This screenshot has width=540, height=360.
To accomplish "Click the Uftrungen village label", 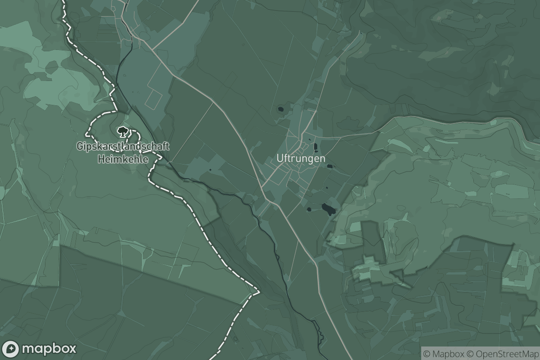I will pyautogui.click(x=301, y=159).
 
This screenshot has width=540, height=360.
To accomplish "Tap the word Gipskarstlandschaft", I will pyautogui.click(x=123, y=146).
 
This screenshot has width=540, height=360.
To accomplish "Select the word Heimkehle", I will pyautogui.click(x=123, y=158).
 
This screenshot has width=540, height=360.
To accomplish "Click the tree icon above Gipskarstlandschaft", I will pyautogui.click(x=122, y=131).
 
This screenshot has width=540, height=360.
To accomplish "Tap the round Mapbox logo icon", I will pyautogui.click(x=10, y=349).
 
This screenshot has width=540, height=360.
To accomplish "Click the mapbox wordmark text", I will pyautogui.click(x=49, y=349).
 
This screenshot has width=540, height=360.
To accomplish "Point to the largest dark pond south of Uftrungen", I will pyautogui.click(x=328, y=209).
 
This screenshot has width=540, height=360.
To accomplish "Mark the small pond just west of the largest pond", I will pyautogui.click(x=310, y=209).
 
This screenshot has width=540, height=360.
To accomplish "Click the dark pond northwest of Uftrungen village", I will pyautogui.click(x=281, y=109).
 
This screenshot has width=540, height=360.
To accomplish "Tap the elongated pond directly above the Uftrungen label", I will pyautogui.click(x=315, y=146).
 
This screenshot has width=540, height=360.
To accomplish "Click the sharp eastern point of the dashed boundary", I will pyautogui.click(x=260, y=292).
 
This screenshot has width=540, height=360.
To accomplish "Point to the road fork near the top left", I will pyautogui.click(x=152, y=49).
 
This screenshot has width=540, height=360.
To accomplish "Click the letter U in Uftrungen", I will pyautogui.click(x=280, y=159).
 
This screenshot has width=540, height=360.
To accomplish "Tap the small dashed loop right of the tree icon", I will pyautogui.click(x=135, y=135).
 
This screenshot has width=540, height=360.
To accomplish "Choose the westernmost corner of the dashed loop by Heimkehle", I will pyautogui.click(x=86, y=134).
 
